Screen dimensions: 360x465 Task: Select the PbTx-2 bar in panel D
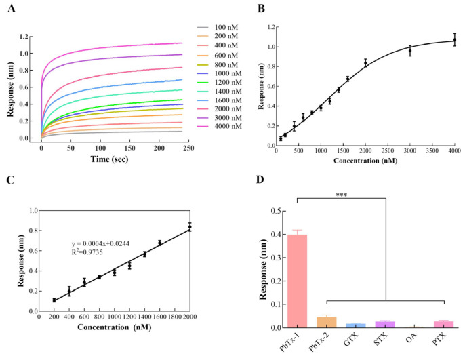327,322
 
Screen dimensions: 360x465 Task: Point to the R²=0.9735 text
91,254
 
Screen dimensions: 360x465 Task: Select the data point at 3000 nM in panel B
410,51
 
